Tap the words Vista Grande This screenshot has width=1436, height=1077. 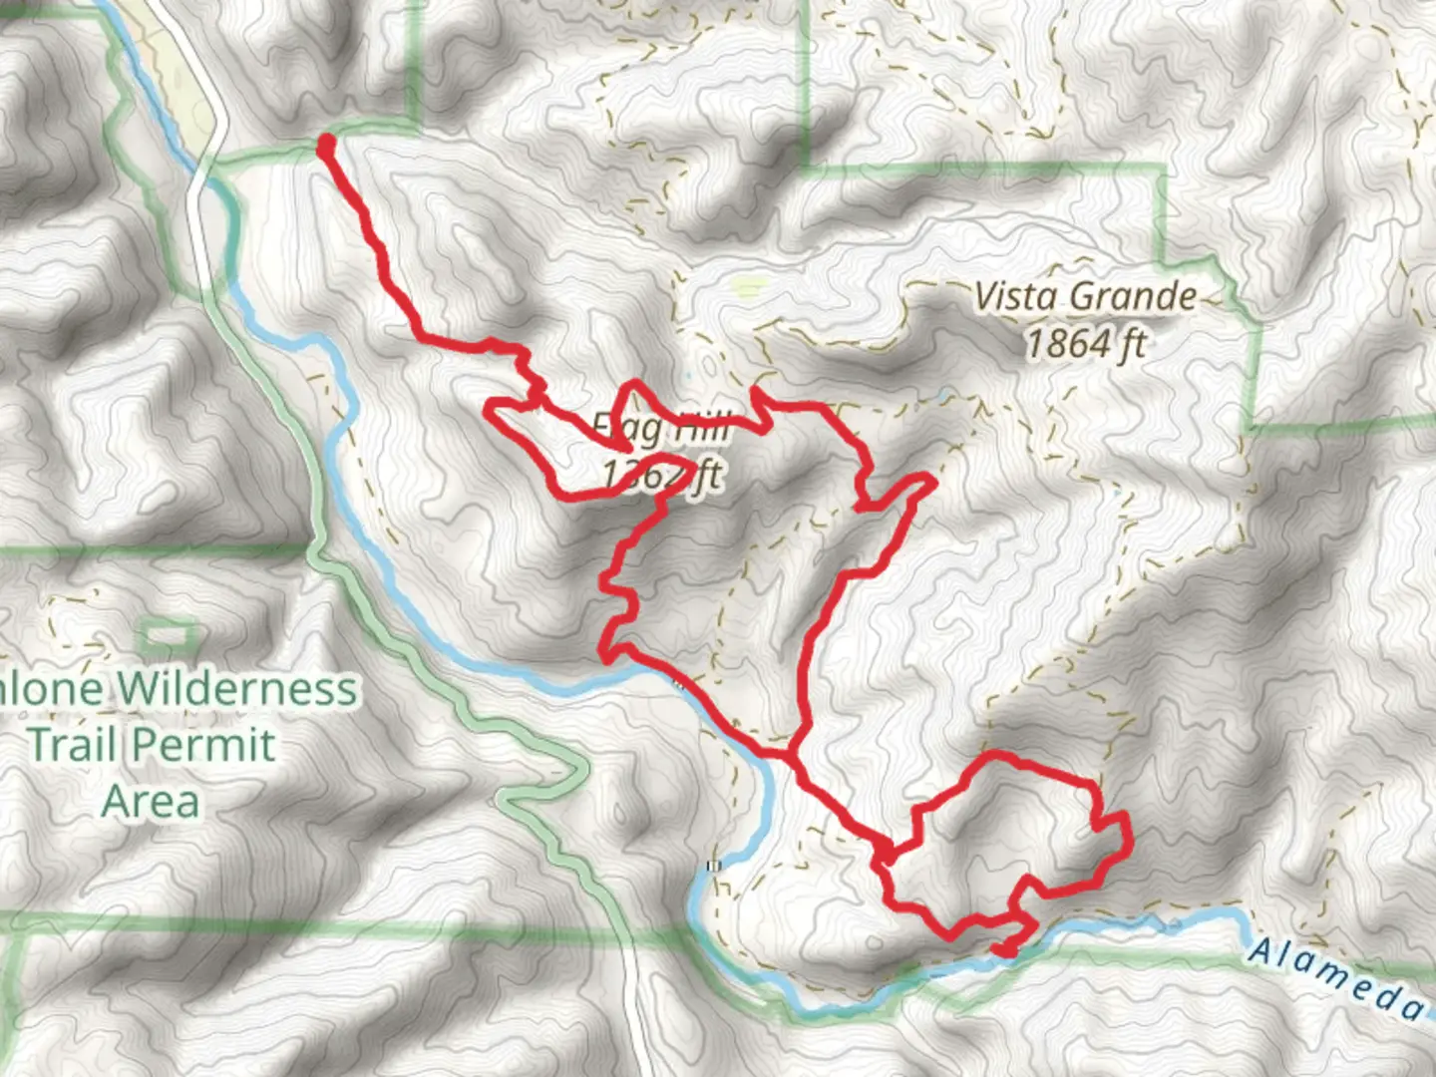click(x=1085, y=296)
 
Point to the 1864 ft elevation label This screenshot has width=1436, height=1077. click(x=1085, y=344)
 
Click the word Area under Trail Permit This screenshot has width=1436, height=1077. click(x=151, y=801)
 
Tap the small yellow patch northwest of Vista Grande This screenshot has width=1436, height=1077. click(x=745, y=288)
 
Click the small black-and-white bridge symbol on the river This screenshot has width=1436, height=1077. click(x=712, y=866)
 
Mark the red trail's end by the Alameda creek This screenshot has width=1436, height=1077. click(x=1005, y=950)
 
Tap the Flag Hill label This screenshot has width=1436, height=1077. click(x=660, y=429)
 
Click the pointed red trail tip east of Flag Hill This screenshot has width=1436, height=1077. click(x=932, y=483)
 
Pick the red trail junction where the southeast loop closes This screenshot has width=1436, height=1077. click(x=886, y=854)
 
